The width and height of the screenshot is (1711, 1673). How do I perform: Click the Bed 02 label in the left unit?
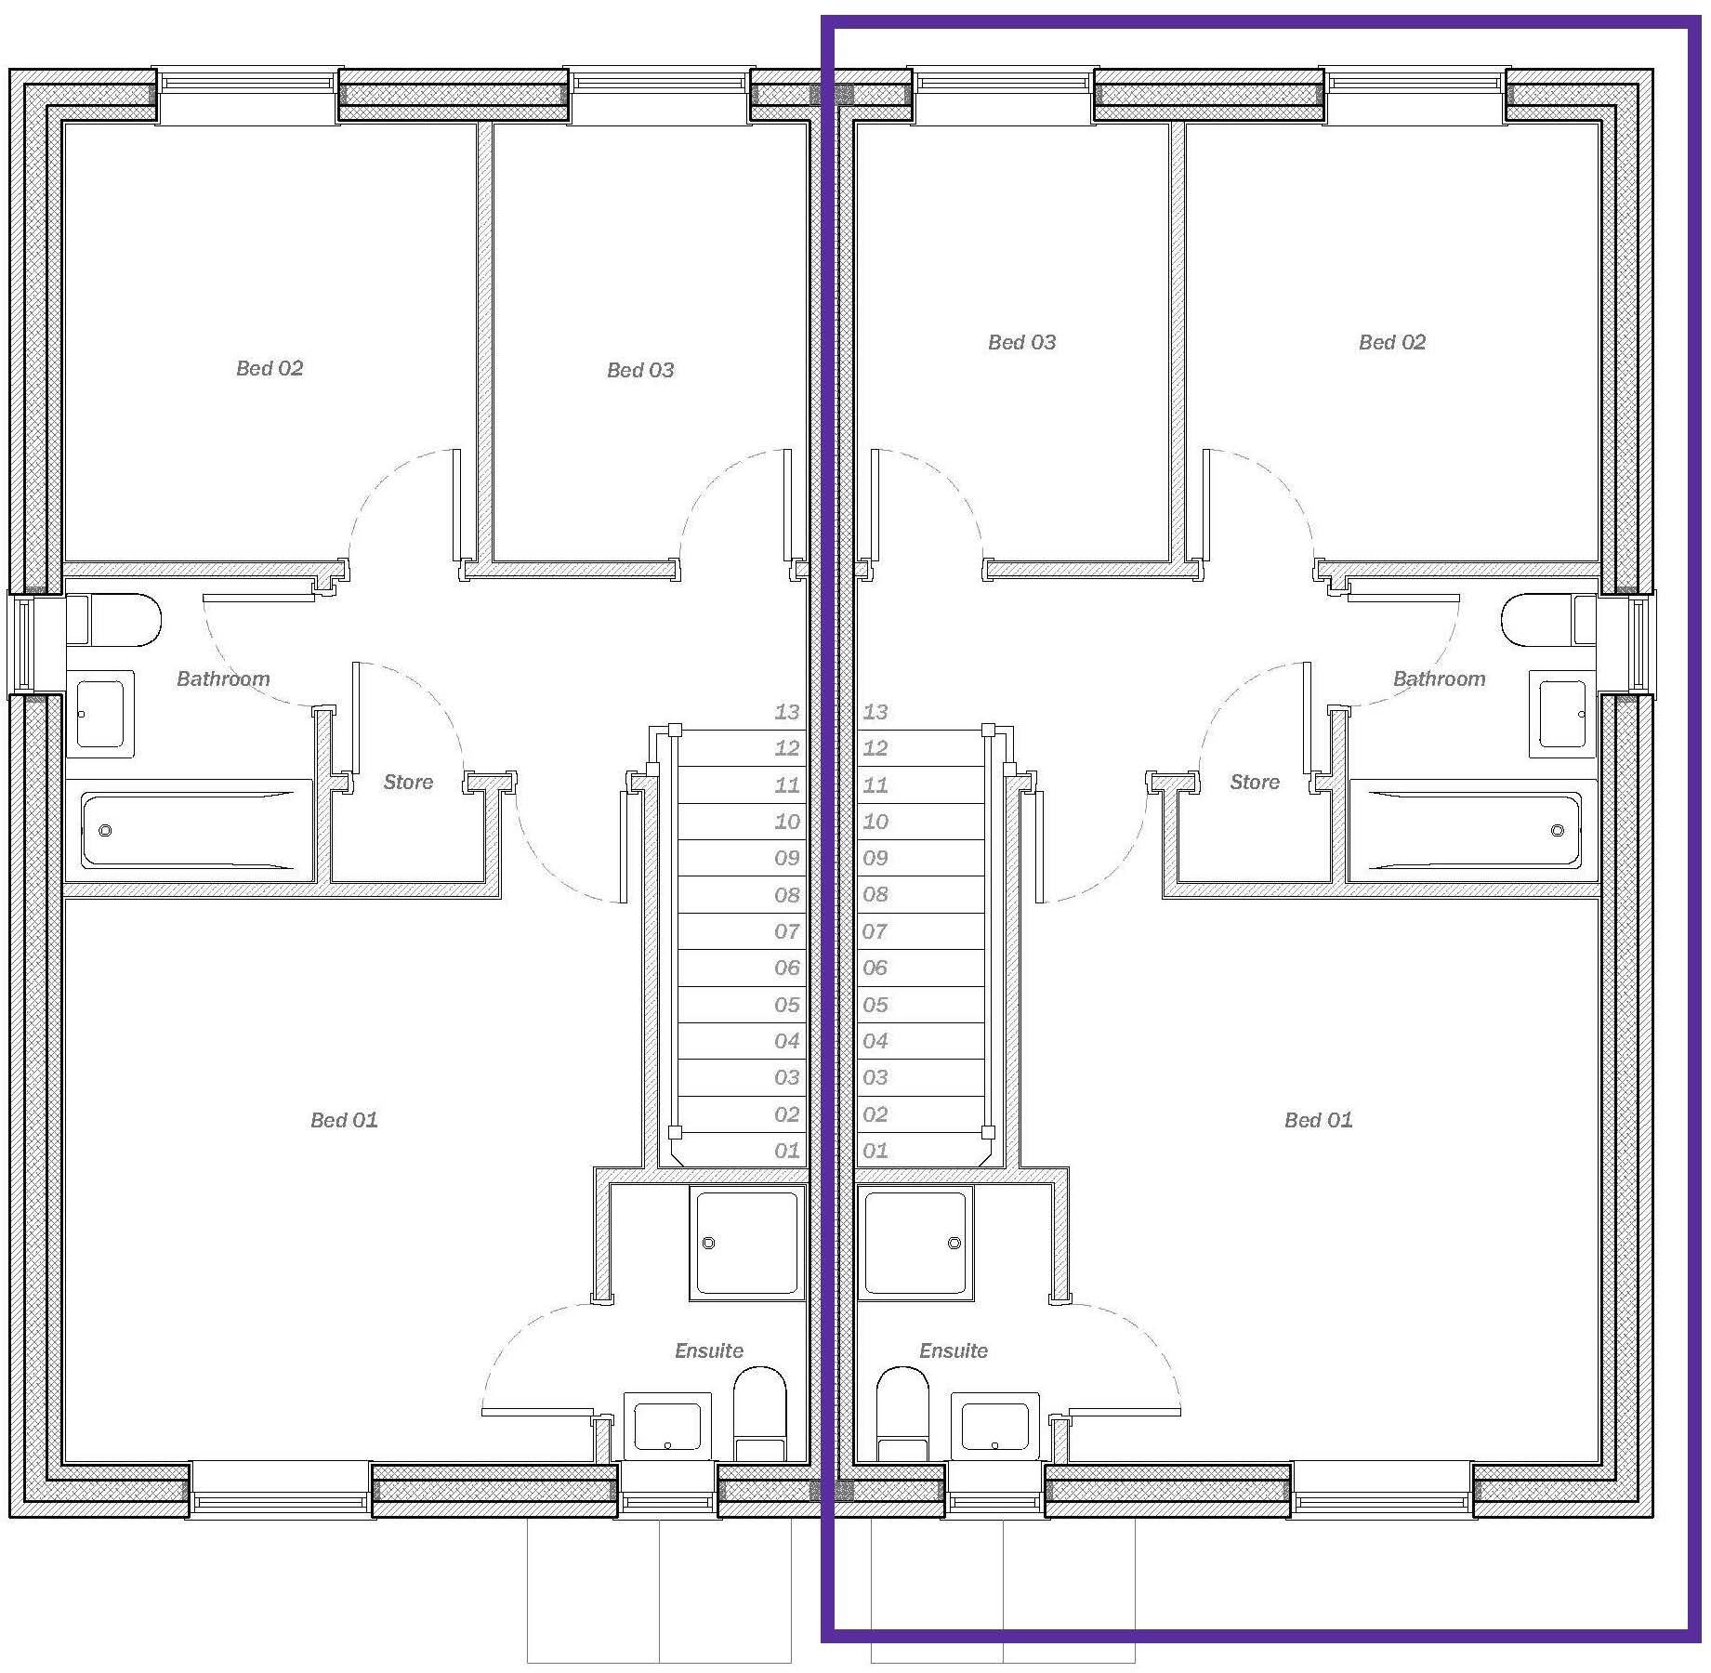(270, 368)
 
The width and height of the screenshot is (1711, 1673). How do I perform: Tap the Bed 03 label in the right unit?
(1021, 342)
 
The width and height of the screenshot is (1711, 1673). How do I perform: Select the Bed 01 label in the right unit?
(1318, 1120)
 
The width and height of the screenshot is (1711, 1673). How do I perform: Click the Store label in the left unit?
(408, 782)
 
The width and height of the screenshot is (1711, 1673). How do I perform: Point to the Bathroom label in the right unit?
(1439, 678)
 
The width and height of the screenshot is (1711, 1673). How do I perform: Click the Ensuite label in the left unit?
(709, 1350)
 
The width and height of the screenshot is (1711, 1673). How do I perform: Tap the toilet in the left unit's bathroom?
(113, 620)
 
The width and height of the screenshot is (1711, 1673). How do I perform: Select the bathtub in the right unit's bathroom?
(1473, 830)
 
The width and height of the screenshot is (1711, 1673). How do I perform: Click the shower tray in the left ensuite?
(747, 1243)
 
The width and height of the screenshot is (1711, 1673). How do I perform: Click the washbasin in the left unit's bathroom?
(100, 714)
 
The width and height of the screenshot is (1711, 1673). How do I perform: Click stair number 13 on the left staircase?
(786, 712)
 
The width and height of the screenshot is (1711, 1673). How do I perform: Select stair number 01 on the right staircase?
(875, 1151)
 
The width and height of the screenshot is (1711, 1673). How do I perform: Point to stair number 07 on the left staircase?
(786, 931)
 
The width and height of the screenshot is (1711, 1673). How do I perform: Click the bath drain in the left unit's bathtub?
(105, 830)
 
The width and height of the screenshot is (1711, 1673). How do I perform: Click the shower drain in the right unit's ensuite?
(954, 1243)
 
